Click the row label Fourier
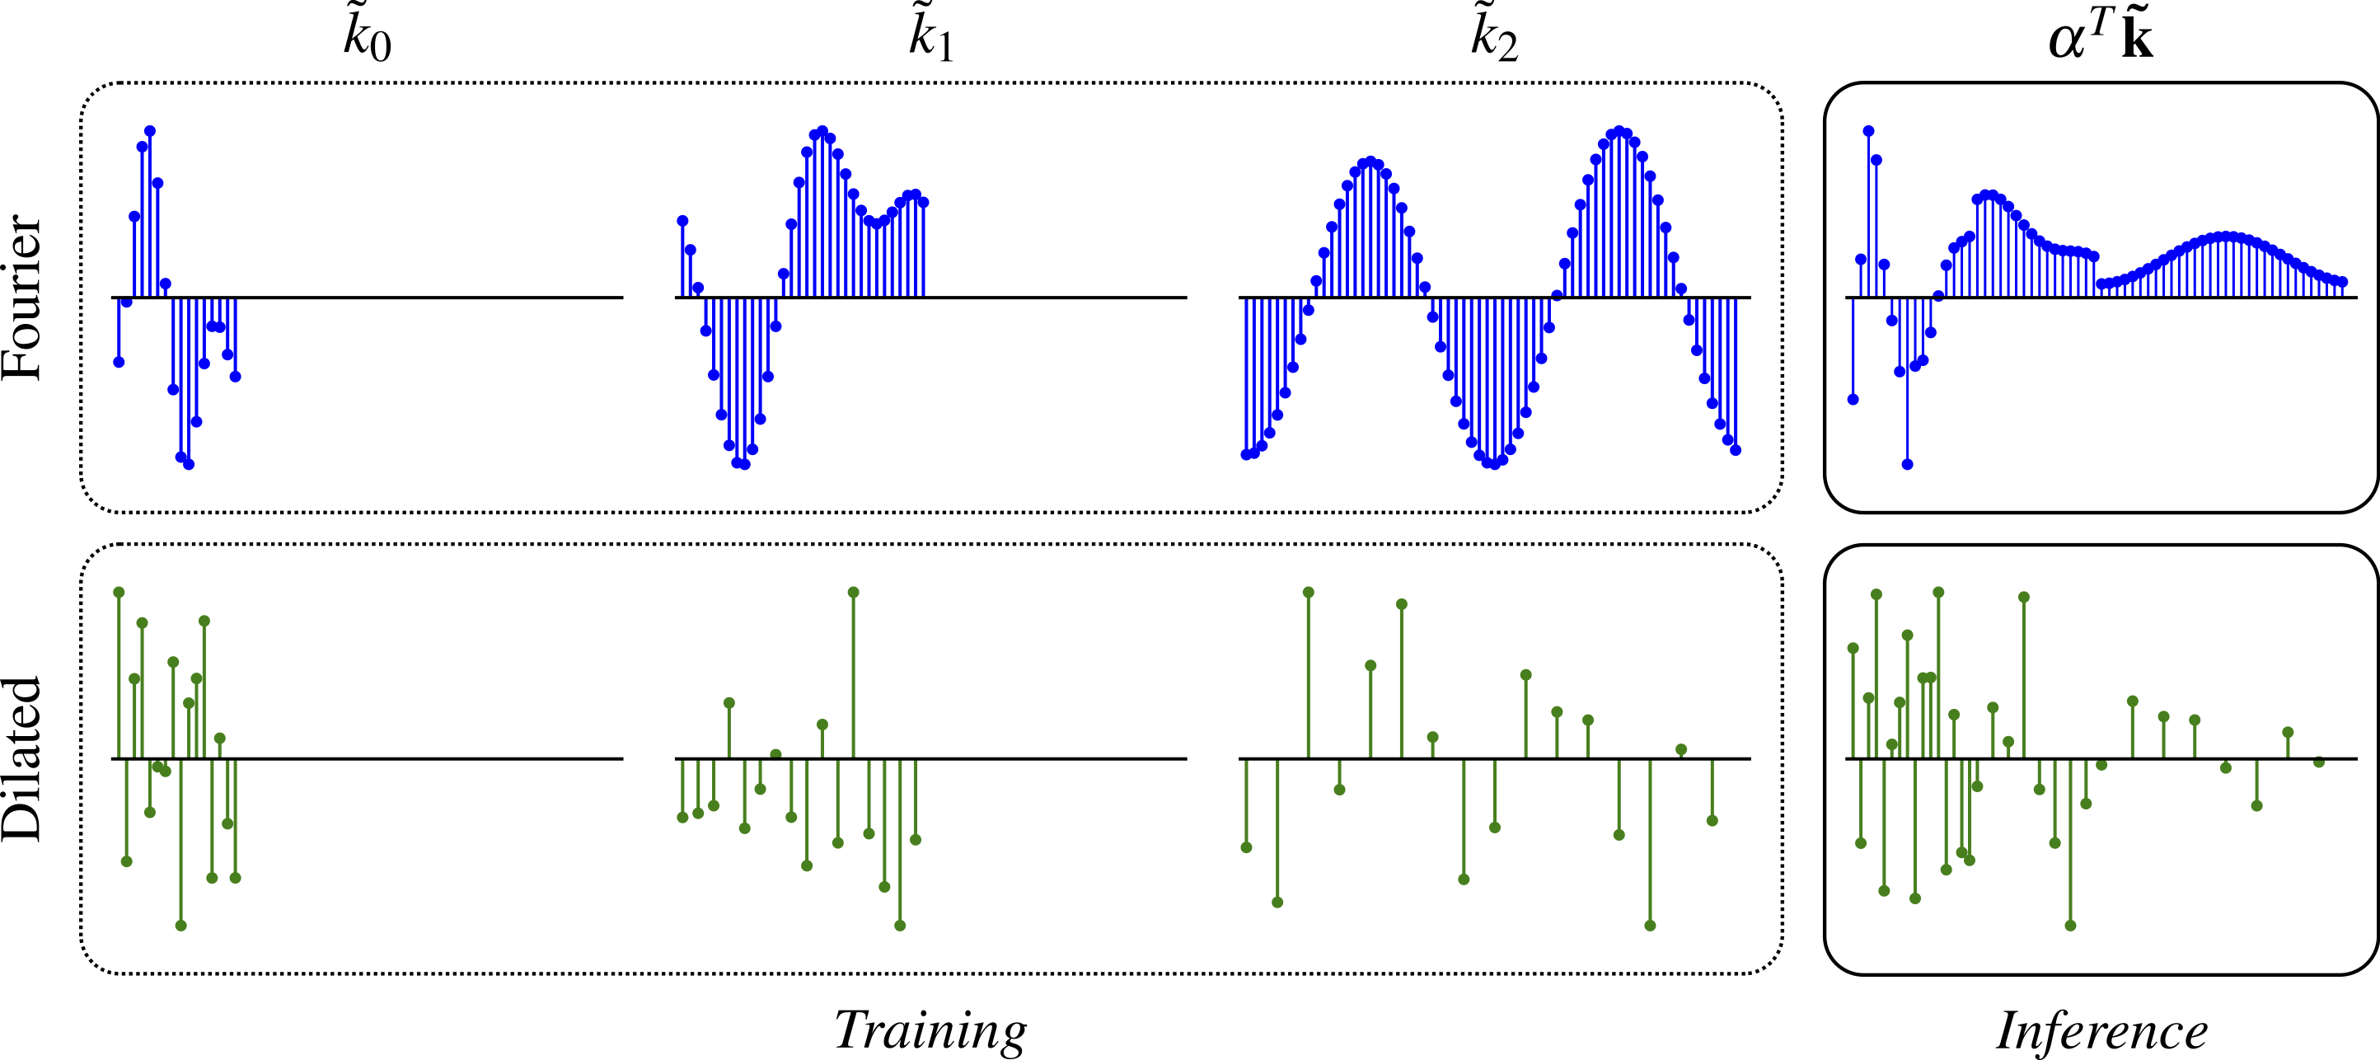(22, 297)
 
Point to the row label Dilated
(22, 758)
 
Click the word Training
(930, 1030)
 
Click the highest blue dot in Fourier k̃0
(150, 131)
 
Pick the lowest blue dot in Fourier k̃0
(189, 465)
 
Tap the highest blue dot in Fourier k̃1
(822, 131)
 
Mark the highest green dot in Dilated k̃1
(853, 593)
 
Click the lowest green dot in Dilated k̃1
(900, 925)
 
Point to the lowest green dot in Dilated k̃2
(1650, 925)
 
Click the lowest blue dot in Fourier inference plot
(1907, 464)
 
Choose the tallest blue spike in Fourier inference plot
(1868, 131)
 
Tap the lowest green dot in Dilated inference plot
(2070, 925)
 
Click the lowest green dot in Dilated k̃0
(181, 925)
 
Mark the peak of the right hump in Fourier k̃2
(1619, 131)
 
